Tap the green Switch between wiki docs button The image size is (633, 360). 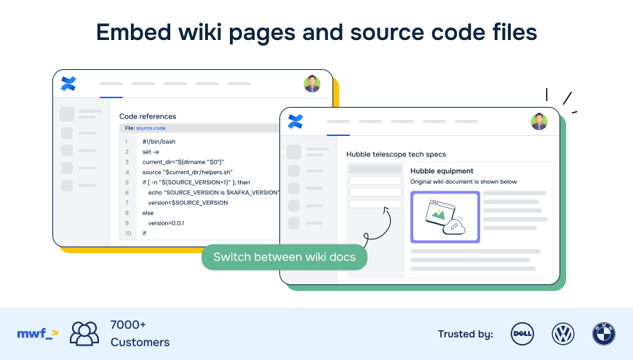pyautogui.click(x=284, y=257)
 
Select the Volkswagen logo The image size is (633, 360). pyautogui.click(x=562, y=334)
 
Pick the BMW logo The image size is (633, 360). pyautogui.click(x=603, y=334)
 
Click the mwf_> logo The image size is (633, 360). pyautogui.click(x=37, y=334)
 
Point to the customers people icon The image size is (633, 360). pyautogui.click(x=84, y=333)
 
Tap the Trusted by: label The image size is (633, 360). pyautogui.click(x=465, y=335)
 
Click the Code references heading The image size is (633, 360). pyautogui.click(x=148, y=116)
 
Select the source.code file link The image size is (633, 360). pyautogui.click(x=151, y=128)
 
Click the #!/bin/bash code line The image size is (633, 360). pyautogui.click(x=159, y=142)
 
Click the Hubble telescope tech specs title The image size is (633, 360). pyautogui.click(x=396, y=154)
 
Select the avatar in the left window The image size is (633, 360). pyautogui.click(x=312, y=84)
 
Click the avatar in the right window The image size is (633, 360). pyautogui.click(x=539, y=121)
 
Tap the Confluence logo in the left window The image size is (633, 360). pyautogui.click(x=68, y=84)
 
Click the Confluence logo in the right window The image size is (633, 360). pyautogui.click(x=295, y=121)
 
